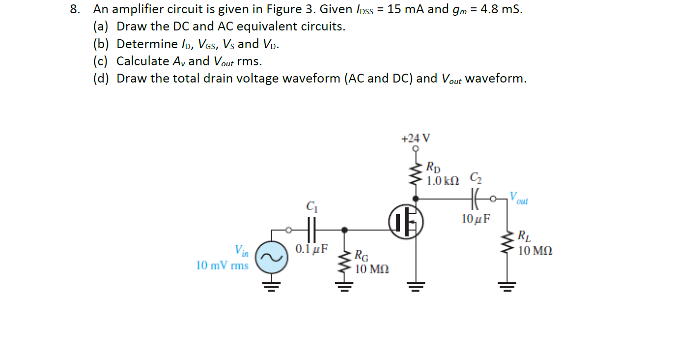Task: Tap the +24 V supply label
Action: (x=415, y=138)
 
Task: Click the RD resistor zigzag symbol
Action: (x=417, y=173)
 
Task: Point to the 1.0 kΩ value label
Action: (x=443, y=181)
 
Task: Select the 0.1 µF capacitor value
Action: (x=311, y=249)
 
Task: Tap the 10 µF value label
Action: (x=476, y=219)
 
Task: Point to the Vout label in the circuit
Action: (x=519, y=198)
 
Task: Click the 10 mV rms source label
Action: (x=222, y=266)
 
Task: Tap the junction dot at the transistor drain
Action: (x=417, y=199)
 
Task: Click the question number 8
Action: (x=75, y=9)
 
